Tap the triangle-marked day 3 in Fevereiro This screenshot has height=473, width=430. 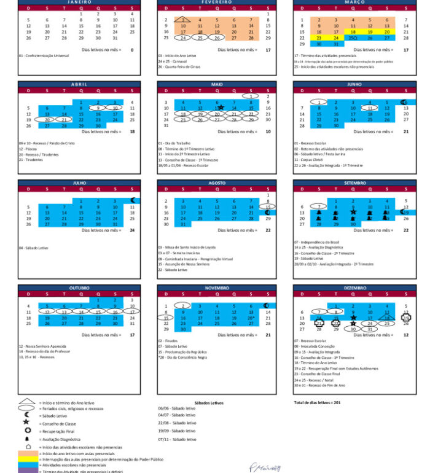(x=182, y=20)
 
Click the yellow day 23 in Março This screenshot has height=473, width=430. (x=319, y=37)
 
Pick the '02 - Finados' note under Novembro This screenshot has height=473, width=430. (x=168, y=340)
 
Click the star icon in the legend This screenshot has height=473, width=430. (x=26, y=422)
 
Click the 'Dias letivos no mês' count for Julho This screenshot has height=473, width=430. (x=132, y=230)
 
